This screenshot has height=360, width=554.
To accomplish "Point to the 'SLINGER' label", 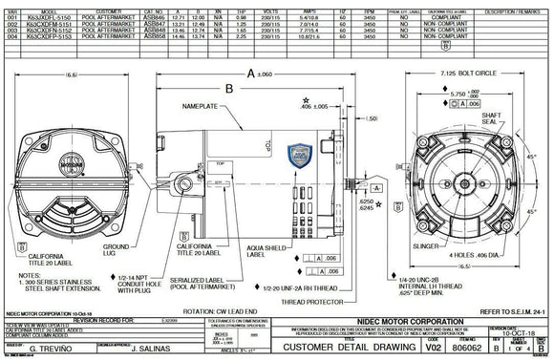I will click(423, 246).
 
